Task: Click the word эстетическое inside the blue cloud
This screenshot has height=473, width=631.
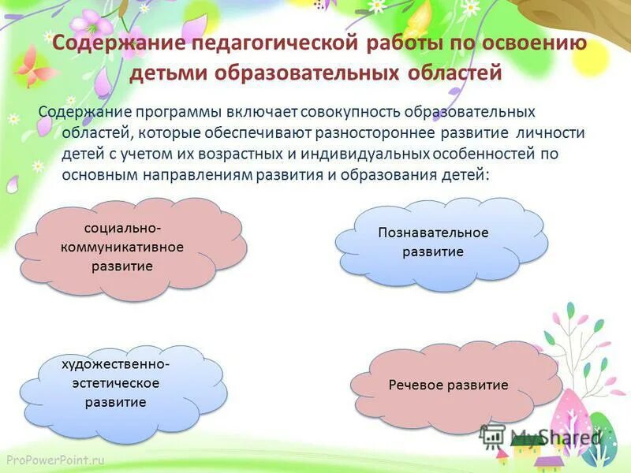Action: (117, 383)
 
